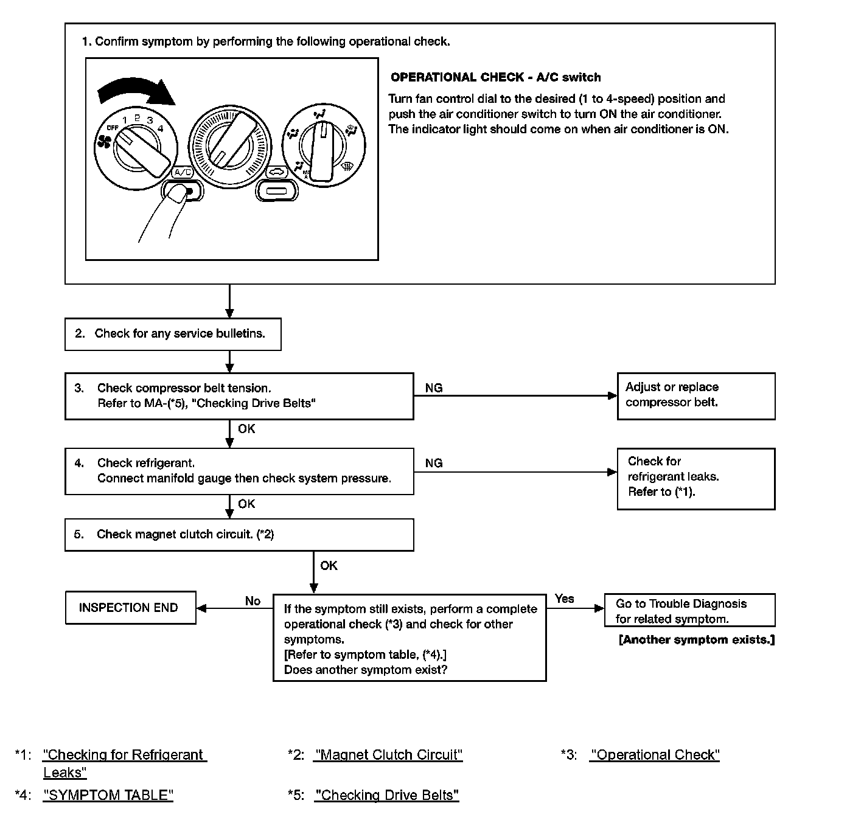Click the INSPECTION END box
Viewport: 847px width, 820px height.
(x=130, y=608)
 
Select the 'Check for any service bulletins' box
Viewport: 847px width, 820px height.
(x=173, y=334)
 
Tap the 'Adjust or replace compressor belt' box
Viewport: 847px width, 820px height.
(x=695, y=395)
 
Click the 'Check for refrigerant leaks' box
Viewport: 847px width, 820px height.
(x=695, y=478)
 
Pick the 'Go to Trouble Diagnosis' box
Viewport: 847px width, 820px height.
(x=689, y=611)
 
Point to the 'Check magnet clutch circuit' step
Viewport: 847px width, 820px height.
(x=239, y=535)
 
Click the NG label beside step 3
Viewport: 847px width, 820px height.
(x=434, y=388)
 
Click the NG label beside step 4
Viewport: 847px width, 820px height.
(x=434, y=464)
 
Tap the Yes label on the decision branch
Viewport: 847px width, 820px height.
(x=565, y=599)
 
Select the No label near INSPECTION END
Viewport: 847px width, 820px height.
(x=253, y=601)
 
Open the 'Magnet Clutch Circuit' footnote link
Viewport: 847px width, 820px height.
(x=388, y=755)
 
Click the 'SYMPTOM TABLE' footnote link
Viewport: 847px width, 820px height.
(x=108, y=795)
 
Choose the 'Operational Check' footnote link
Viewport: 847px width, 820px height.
(x=655, y=755)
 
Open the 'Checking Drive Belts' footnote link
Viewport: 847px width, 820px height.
(x=387, y=795)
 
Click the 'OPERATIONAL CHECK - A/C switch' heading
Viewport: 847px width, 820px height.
(x=495, y=77)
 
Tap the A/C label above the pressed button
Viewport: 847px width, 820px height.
(x=183, y=172)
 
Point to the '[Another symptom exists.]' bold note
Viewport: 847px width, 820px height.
(x=697, y=640)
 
